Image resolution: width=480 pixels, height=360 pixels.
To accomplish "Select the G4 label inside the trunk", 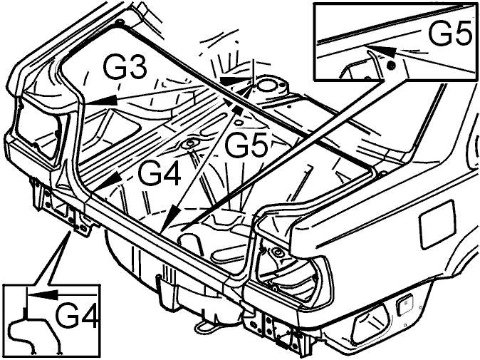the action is (x=160, y=173).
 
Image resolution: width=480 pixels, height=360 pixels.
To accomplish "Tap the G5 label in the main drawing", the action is (x=246, y=145).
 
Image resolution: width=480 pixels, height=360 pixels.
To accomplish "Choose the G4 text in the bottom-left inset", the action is (x=78, y=315).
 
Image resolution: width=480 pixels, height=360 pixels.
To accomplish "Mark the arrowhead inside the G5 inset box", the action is (x=382, y=50).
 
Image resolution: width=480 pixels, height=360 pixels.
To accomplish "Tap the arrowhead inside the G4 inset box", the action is (x=43, y=294).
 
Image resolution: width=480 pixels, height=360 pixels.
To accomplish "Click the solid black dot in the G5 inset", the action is (x=391, y=66).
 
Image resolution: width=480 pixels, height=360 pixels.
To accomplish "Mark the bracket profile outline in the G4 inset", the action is (x=33, y=334).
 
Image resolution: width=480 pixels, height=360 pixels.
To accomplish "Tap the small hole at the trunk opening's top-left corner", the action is (x=120, y=22).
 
